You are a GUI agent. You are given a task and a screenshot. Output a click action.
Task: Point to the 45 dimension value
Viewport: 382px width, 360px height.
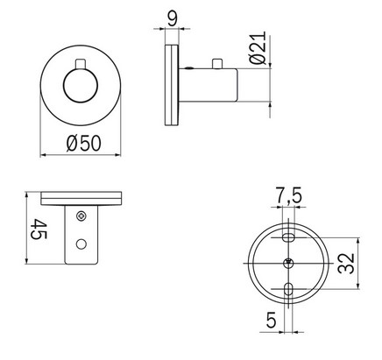38,231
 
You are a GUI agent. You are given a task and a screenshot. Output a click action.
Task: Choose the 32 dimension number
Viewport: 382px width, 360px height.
349,262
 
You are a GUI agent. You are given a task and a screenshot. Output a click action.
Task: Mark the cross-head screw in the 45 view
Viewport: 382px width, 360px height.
81,215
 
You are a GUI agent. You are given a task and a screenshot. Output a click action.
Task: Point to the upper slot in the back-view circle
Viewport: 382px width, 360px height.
289,236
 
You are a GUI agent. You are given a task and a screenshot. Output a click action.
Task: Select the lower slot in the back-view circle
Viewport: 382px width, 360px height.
289,289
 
